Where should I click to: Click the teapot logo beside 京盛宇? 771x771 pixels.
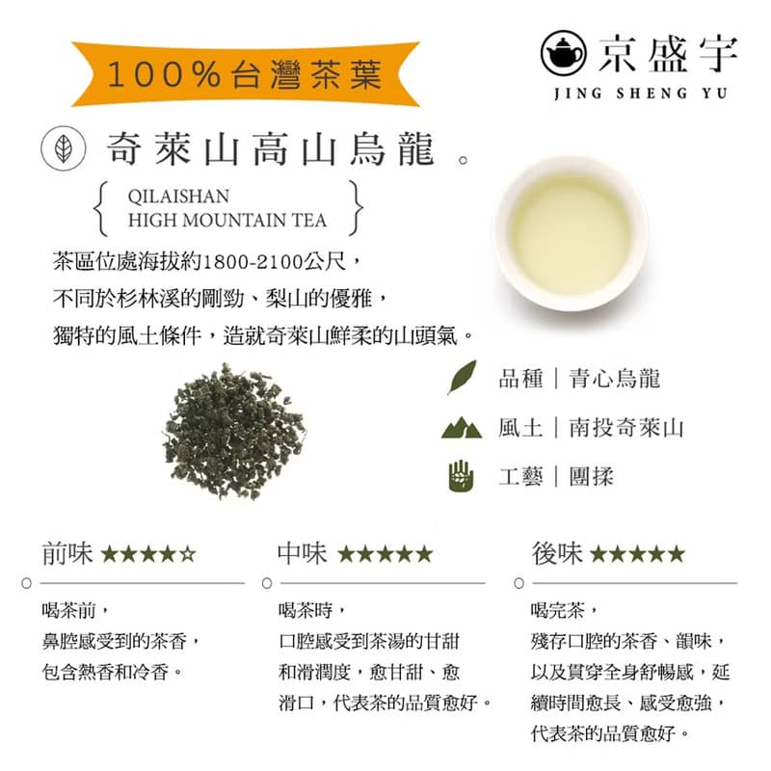563,52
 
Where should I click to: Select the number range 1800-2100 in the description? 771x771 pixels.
256,260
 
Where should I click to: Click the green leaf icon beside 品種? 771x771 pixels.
462,377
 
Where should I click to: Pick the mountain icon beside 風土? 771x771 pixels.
462,427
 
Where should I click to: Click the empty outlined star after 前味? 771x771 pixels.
188,554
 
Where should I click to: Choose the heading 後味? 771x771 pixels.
556,553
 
